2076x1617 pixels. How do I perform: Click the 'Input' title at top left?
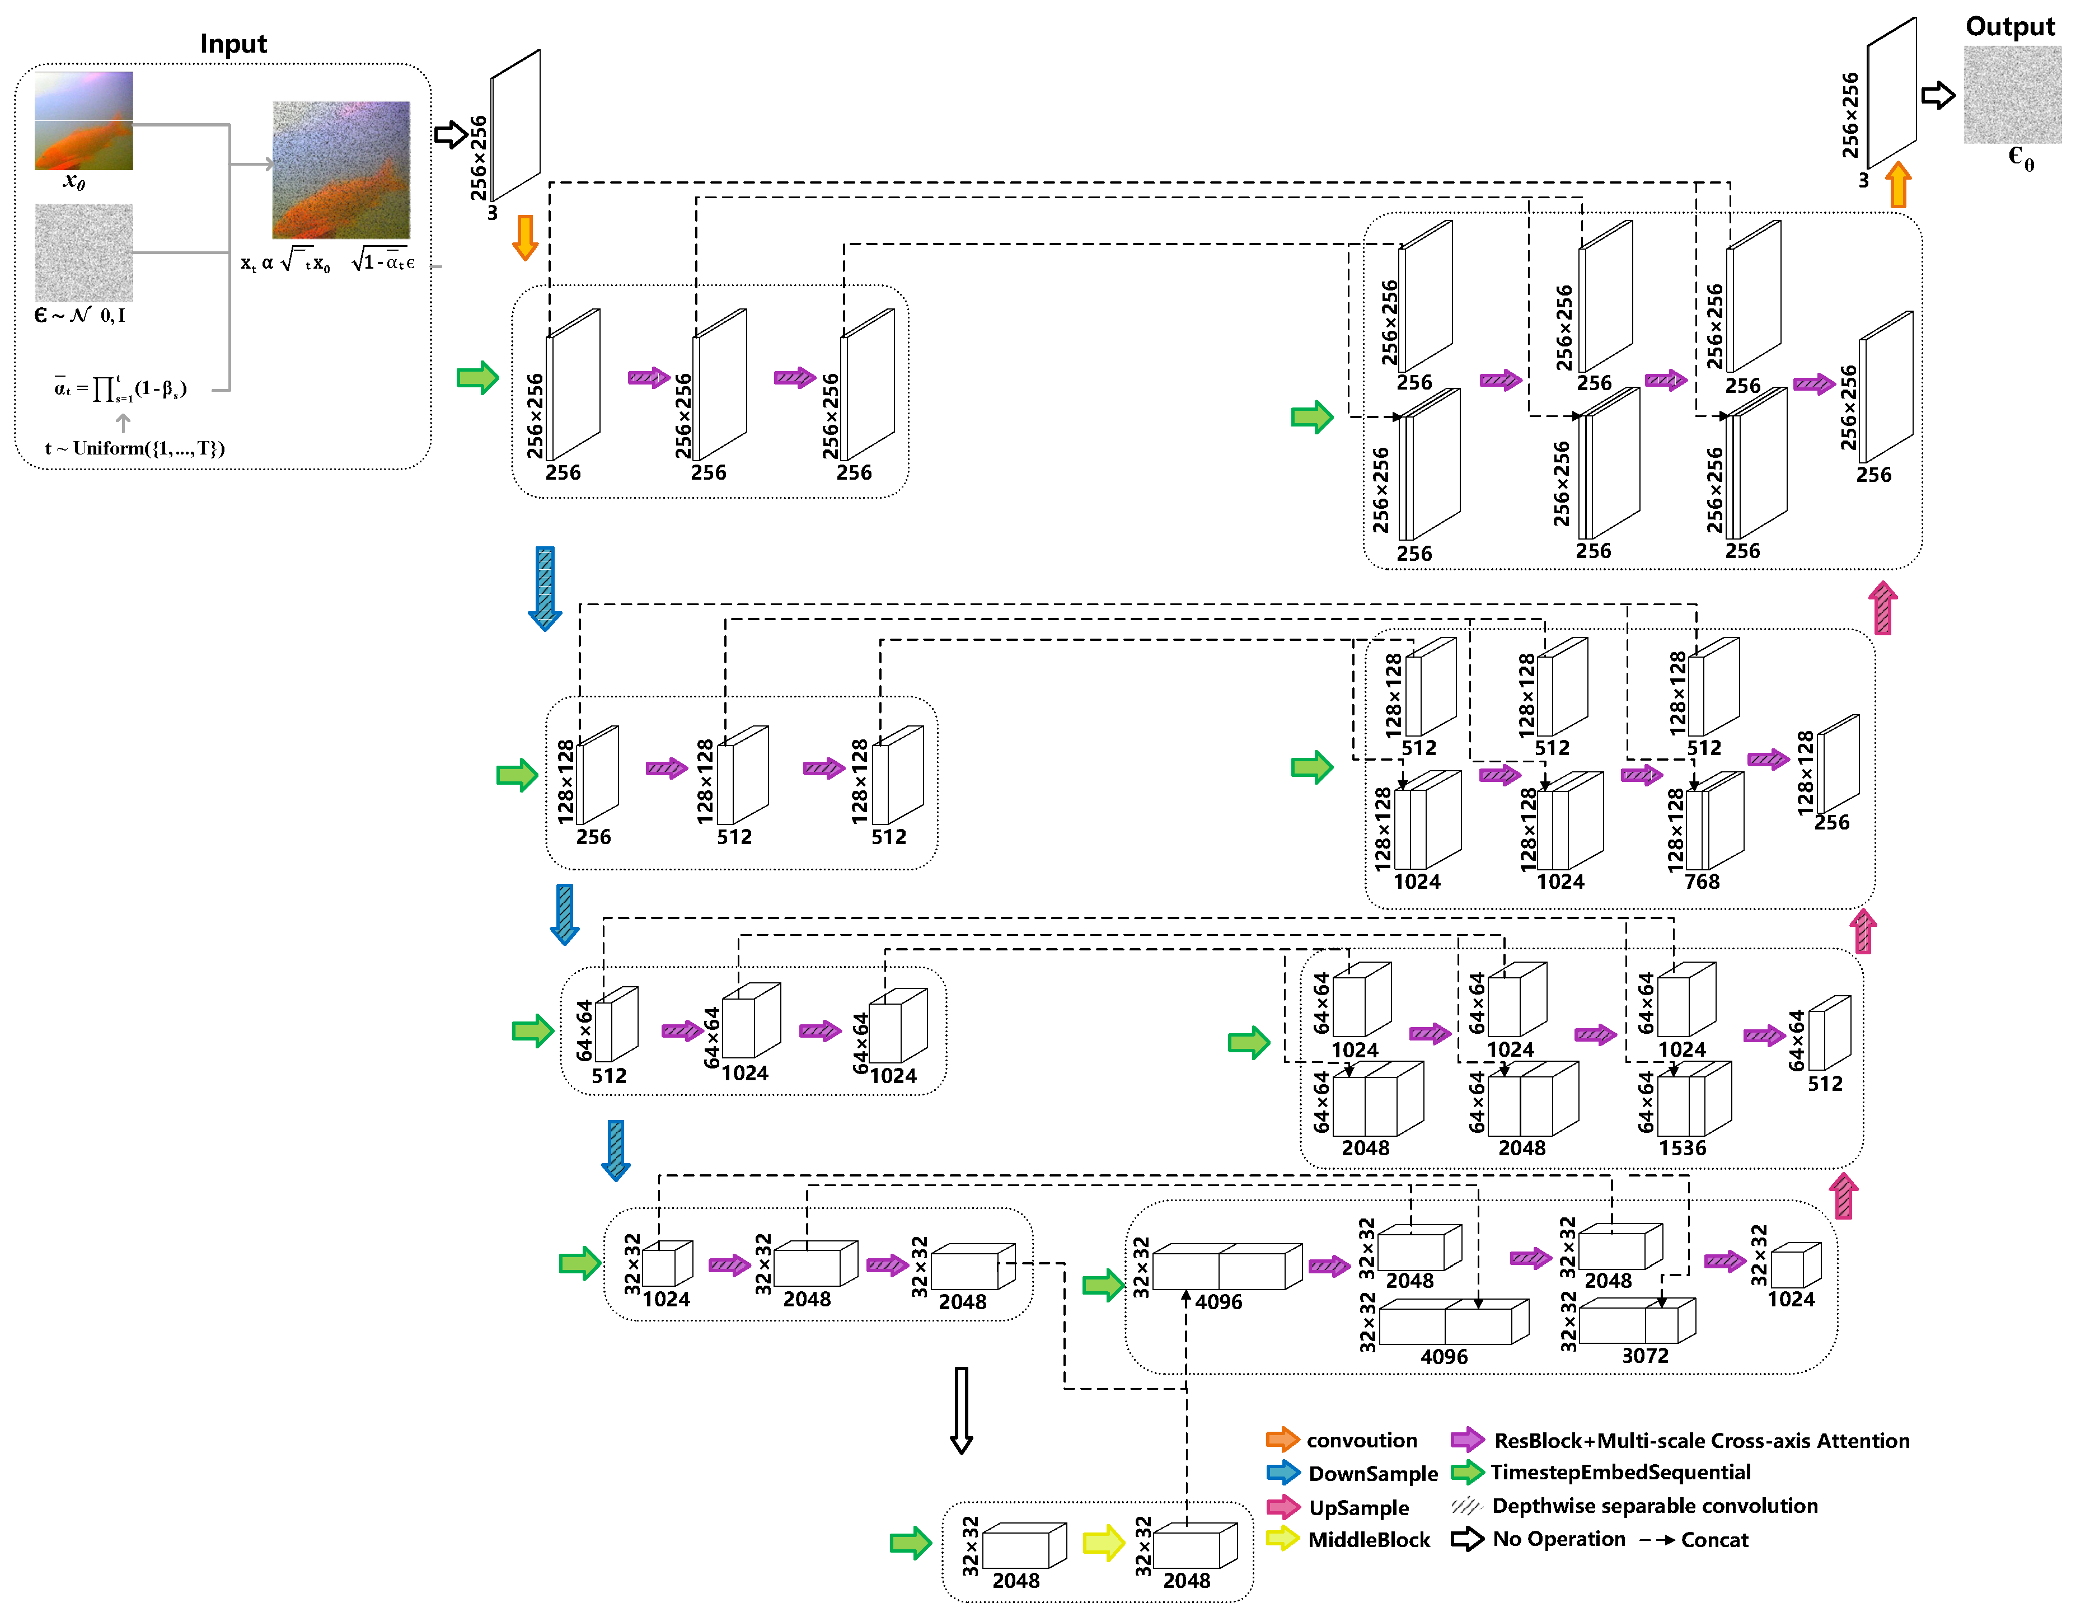click(x=233, y=44)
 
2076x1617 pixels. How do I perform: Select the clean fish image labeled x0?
click(x=83, y=121)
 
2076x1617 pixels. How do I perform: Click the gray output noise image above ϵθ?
click(x=2012, y=95)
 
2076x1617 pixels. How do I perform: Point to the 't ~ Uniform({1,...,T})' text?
click(x=135, y=448)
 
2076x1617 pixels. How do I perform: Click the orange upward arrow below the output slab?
click(x=1897, y=184)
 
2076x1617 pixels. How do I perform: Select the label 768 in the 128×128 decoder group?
click(x=1702, y=881)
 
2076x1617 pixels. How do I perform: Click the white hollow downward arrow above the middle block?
click(x=961, y=1410)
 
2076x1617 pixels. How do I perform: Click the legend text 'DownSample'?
click(x=1372, y=1474)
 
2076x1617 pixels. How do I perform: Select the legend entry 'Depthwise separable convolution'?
click(x=1654, y=1506)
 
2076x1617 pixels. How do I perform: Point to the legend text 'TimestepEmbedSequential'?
click(x=1620, y=1473)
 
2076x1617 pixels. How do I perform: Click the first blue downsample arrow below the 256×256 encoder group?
click(x=545, y=588)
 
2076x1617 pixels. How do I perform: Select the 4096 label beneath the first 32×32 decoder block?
click(x=1217, y=1301)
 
